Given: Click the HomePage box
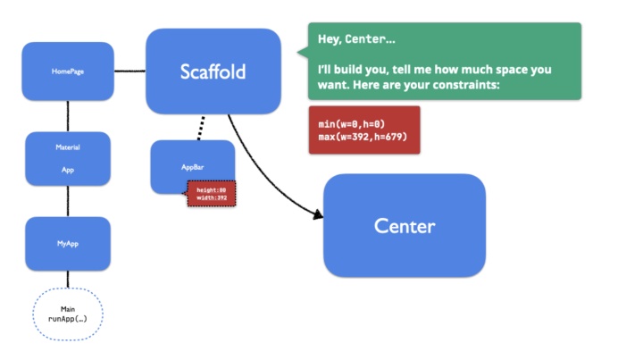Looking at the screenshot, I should click(x=68, y=71).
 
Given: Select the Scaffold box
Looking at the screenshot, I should click(x=213, y=71).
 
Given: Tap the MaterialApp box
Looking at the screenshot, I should click(x=68, y=159).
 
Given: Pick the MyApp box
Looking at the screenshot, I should click(x=68, y=243).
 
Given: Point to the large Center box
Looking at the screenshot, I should click(x=404, y=225).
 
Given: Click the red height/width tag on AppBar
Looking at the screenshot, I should click(x=211, y=194).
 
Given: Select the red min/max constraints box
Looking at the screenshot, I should click(x=363, y=130).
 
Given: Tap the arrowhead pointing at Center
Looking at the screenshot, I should click(x=316, y=213).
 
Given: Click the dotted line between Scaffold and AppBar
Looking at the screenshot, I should click(x=203, y=127).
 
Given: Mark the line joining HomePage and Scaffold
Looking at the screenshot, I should click(x=129, y=71).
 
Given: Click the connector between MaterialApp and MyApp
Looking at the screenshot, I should click(x=68, y=201).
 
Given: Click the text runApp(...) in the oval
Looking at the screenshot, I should click(x=68, y=318).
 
